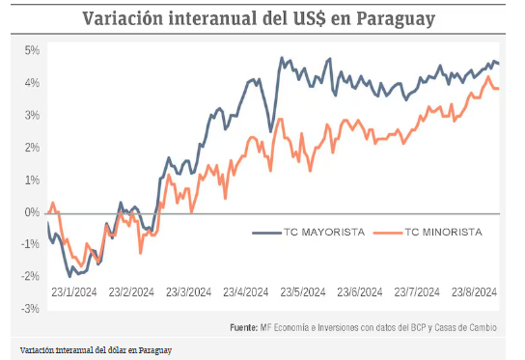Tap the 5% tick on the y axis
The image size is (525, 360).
coord(31,50)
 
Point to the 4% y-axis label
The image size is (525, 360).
coord(31,83)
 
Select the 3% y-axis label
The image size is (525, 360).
coord(31,115)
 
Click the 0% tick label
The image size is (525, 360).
coord(31,211)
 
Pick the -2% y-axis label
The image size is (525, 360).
coord(30,276)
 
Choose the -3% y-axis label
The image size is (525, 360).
coord(30,308)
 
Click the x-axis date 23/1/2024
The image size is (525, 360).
coord(72,292)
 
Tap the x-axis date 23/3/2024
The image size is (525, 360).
coord(188,292)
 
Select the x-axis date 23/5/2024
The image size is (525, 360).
coord(302,292)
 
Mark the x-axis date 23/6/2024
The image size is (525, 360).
coord(359,292)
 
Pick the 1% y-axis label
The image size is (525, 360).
coord(31,180)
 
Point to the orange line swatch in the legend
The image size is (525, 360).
coord(386,232)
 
